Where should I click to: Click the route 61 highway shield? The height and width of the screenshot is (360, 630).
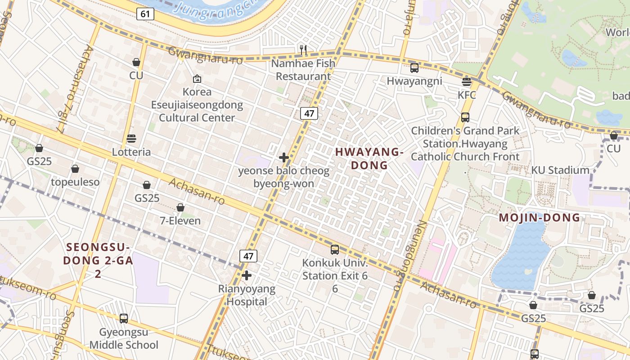(x=145, y=14)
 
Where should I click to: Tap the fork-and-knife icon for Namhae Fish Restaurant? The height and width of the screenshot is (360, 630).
(x=303, y=49)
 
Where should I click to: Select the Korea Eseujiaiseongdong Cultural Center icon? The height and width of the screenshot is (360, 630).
(x=197, y=79)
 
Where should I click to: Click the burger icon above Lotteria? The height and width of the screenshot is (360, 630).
(x=131, y=138)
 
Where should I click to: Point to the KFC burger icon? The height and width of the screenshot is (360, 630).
(x=466, y=82)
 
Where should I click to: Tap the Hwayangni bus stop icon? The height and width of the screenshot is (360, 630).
(x=414, y=68)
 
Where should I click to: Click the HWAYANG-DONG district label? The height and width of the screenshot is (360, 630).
(x=369, y=158)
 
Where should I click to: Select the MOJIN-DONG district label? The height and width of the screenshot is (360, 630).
(x=540, y=218)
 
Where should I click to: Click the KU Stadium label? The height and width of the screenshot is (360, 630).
(x=560, y=170)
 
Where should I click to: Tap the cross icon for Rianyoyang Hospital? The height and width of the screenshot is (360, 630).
(x=247, y=275)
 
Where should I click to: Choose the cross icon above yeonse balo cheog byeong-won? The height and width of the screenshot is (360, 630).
(x=284, y=157)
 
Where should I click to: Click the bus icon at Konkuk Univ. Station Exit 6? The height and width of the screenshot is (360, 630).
(x=335, y=249)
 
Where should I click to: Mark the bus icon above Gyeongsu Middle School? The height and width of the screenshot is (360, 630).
(x=124, y=318)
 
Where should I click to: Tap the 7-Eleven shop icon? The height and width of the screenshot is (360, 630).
(x=180, y=207)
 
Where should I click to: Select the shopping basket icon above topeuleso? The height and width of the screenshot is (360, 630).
(x=75, y=169)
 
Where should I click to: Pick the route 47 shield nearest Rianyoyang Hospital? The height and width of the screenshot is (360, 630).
(x=248, y=256)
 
